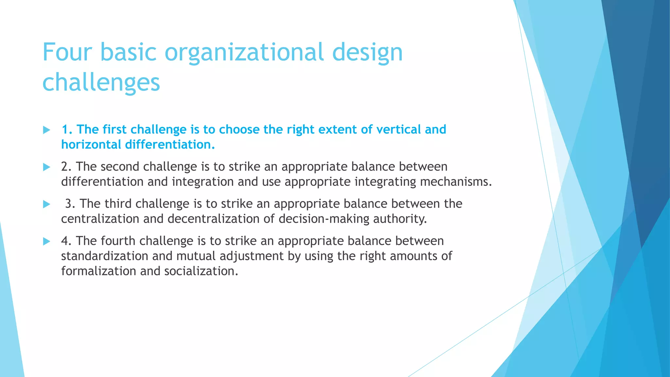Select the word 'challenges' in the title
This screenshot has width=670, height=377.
(x=101, y=82)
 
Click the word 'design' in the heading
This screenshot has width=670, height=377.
(x=367, y=52)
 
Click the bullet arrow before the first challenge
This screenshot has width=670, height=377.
(x=46, y=130)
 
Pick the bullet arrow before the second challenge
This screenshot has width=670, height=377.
(x=46, y=167)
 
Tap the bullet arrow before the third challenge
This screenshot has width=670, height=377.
(x=46, y=205)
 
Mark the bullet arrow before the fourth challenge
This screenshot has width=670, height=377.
(x=46, y=242)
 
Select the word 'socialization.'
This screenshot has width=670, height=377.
(x=201, y=271)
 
